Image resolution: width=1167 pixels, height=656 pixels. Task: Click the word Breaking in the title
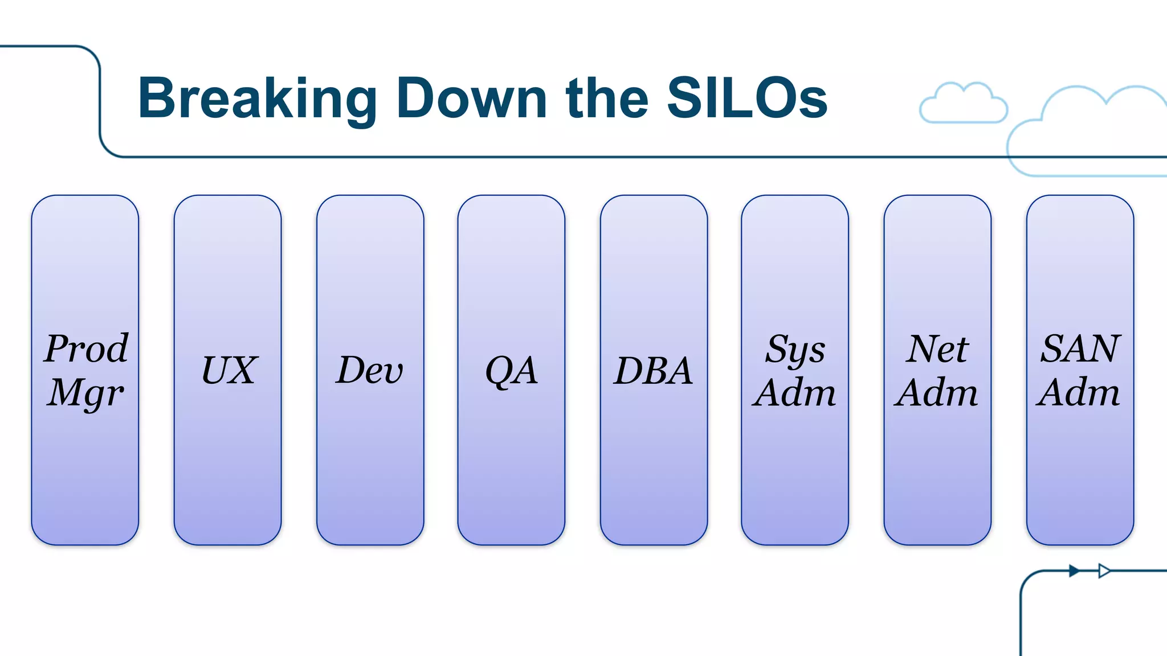click(257, 99)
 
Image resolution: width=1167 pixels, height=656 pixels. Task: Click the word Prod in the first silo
click(86, 348)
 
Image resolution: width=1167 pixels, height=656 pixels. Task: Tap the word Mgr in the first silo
click(85, 393)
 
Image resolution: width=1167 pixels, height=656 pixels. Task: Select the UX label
click(229, 370)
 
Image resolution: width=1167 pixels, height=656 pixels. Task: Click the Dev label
click(369, 370)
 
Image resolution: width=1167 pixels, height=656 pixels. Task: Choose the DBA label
click(653, 371)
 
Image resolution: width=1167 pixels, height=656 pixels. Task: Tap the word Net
click(937, 348)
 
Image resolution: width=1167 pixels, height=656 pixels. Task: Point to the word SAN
click(1080, 348)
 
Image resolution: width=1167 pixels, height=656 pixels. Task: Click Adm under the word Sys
click(794, 392)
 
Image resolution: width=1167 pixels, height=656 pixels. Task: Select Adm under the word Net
click(936, 392)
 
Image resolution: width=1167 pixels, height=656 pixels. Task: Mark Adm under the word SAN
click(1079, 392)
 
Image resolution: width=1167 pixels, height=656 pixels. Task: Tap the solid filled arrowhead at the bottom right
click(1074, 571)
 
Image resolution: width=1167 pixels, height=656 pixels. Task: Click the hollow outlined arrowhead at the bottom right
click(1104, 571)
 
